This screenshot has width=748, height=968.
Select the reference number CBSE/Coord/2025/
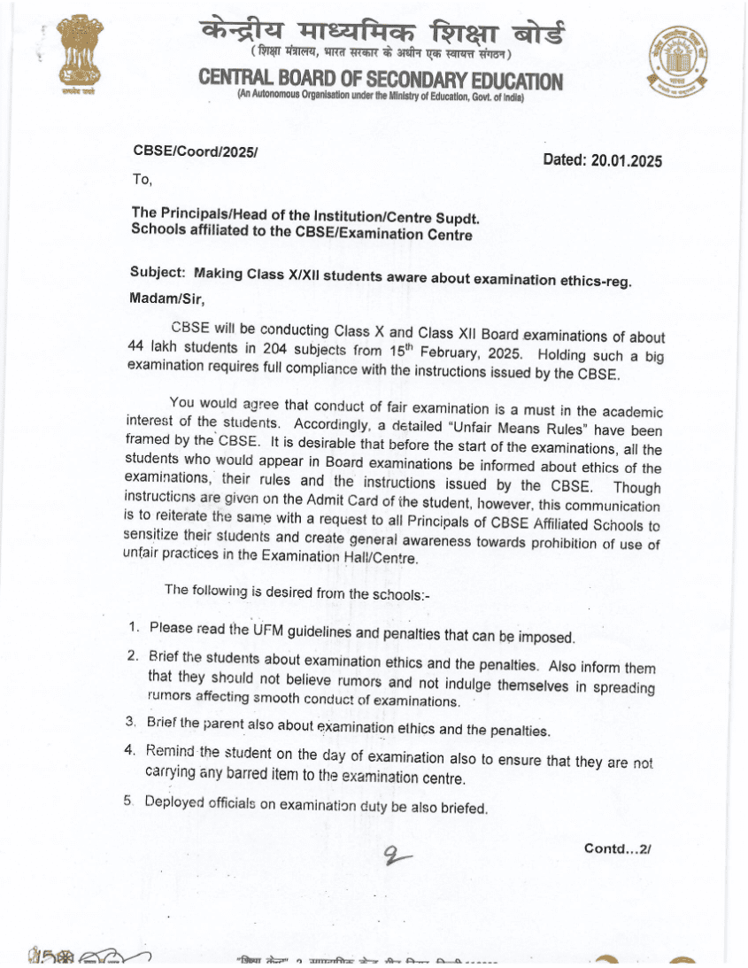pos(195,151)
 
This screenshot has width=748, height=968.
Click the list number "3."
pos(131,723)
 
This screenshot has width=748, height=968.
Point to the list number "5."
pos(129,802)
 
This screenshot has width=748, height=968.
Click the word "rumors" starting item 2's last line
pos(168,696)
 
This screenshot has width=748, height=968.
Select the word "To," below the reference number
pos(143,179)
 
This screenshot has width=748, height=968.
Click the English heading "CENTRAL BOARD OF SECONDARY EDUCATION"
pos(381,81)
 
